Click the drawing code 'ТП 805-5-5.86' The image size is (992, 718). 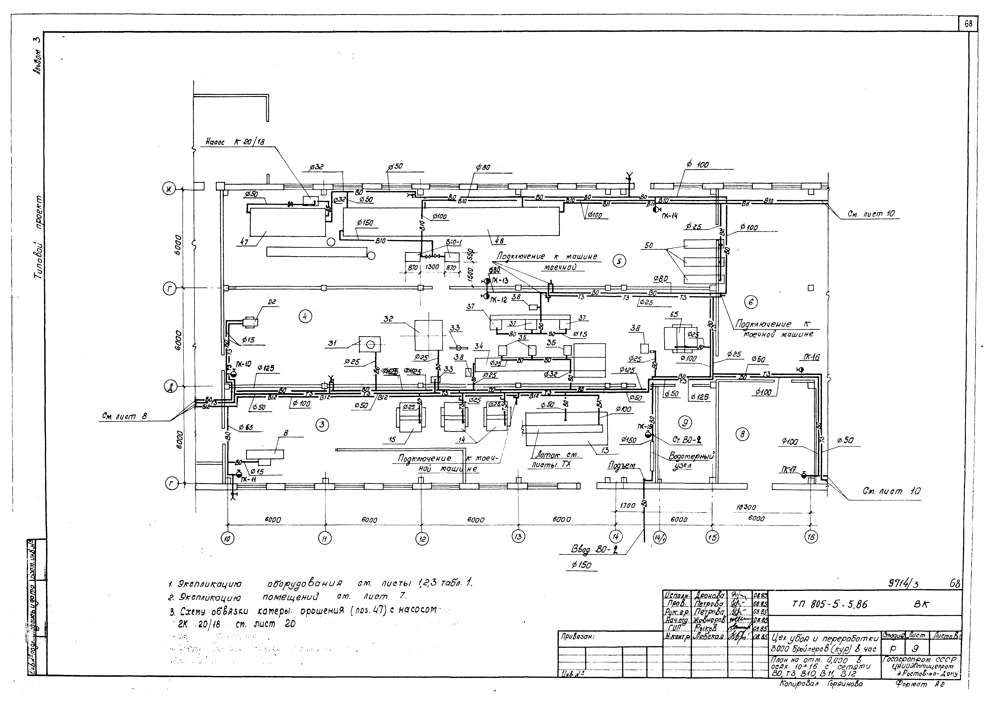(x=830, y=604)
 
